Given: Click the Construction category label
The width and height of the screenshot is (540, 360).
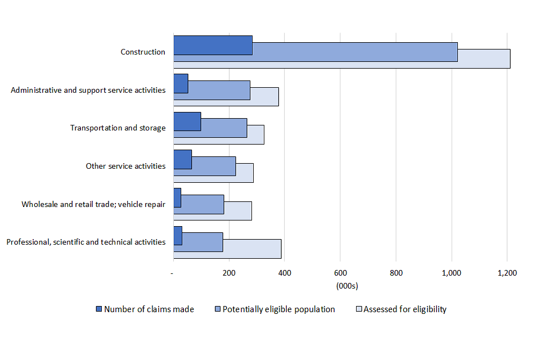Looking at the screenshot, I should [143, 52].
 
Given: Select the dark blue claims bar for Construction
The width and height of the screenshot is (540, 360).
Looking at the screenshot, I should [213, 45].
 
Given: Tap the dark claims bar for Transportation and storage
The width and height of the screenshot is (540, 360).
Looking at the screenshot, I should [187, 121].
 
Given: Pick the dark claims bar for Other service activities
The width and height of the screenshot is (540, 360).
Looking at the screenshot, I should [182, 159].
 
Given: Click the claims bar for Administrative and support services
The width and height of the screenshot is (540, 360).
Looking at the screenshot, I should [181, 83].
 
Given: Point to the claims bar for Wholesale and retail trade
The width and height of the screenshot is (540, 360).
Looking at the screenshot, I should [177, 197].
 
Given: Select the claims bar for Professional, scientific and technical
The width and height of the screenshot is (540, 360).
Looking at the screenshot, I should [178, 236].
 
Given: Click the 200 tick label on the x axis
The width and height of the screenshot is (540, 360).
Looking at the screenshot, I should [228, 273].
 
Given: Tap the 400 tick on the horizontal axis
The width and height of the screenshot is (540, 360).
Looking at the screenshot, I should [284, 273].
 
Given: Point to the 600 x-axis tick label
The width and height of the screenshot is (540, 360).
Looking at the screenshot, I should [340, 273].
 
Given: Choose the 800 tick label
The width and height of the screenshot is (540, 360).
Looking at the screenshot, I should [395, 273].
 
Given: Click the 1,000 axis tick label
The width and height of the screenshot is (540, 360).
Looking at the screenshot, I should [451, 273].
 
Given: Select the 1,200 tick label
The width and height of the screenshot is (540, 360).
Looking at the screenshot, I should [507, 273].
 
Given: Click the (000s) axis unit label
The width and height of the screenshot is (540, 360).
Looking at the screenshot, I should [346, 286].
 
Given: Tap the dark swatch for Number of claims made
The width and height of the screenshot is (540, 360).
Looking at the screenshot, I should [99, 309].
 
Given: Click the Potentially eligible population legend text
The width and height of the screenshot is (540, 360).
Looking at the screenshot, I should [278, 309].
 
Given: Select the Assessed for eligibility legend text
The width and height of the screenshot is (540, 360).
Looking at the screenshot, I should [405, 309].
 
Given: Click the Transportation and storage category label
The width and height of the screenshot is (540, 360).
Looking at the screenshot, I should [118, 128].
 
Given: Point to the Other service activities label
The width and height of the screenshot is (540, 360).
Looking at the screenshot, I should [125, 166].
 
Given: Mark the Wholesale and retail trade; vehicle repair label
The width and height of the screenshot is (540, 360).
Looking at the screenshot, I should [93, 204].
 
